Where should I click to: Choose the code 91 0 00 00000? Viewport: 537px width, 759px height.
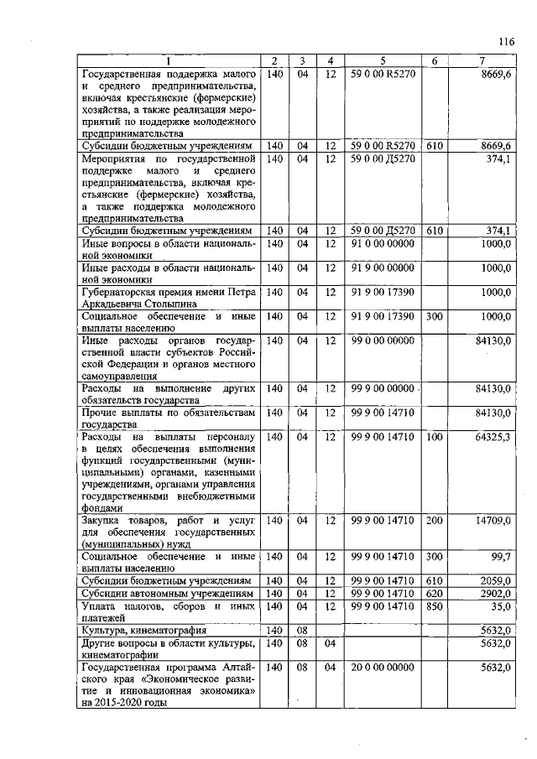(x=382, y=243)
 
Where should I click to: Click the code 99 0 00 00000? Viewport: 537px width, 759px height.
(x=382, y=341)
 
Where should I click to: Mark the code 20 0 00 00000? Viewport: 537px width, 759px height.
(x=382, y=668)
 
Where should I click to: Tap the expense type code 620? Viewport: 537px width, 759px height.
(x=434, y=592)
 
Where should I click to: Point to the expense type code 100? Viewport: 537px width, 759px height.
(x=434, y=437)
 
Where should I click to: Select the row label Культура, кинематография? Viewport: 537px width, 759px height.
(x=143, y=630)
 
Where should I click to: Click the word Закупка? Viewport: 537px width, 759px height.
(x=103, y=520)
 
